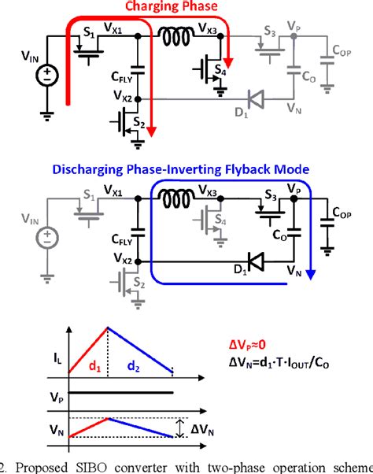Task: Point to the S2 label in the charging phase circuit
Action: click(139, 125)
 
